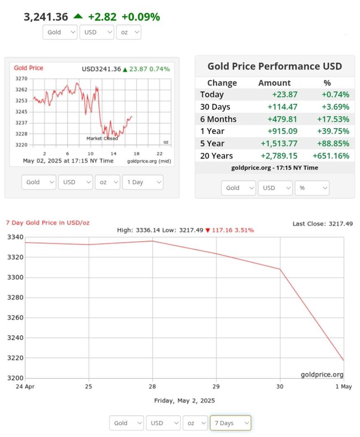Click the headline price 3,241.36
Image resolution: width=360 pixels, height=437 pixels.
(46, 17)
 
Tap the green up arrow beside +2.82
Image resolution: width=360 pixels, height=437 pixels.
(78, 16)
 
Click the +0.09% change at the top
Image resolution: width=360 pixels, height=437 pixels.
(141, 17)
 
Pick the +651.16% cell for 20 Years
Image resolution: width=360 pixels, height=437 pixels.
(331, 156)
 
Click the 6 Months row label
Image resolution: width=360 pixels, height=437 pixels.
(218, 119)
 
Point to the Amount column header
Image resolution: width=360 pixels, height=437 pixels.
(274, 83)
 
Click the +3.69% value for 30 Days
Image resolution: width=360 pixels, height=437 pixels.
(336, 107)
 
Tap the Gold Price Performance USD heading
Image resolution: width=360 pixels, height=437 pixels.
(274, 66)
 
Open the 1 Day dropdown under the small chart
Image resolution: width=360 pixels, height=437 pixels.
(142, 182)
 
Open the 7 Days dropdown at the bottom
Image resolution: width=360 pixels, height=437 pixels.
(230, 423)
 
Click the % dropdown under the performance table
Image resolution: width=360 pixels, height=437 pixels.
(312, 188)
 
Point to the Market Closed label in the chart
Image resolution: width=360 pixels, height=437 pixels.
(102, 138)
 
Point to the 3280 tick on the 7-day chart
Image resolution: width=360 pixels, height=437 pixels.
(16, 297)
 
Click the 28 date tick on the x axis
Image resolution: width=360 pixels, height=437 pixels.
(153, 387)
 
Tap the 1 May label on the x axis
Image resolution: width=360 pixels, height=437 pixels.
(344, 387)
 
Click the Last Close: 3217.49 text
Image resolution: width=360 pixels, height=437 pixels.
(323, 224)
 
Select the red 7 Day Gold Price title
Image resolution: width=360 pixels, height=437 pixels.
(48, 222)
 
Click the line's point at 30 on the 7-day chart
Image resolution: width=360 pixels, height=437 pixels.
(280, 269)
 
